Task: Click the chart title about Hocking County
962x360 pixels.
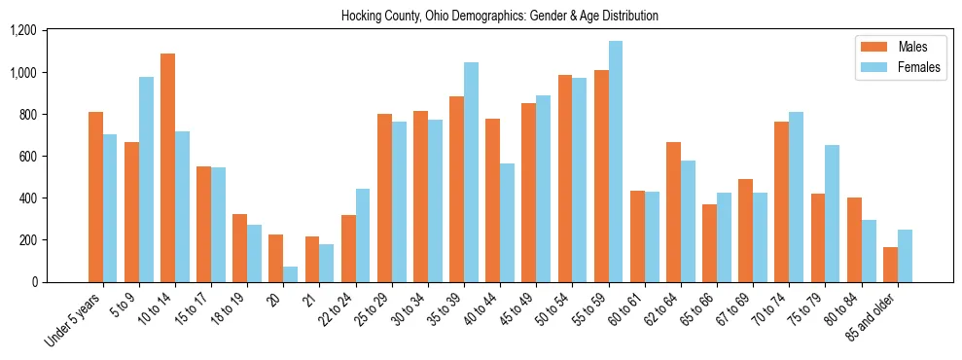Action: pyautogui.click(x=499, y=16)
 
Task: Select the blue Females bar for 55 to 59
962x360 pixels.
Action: pyautogui.click(x=616, y=162)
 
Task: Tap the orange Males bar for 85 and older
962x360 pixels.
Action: pyautogui.click(x=891, y=265)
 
